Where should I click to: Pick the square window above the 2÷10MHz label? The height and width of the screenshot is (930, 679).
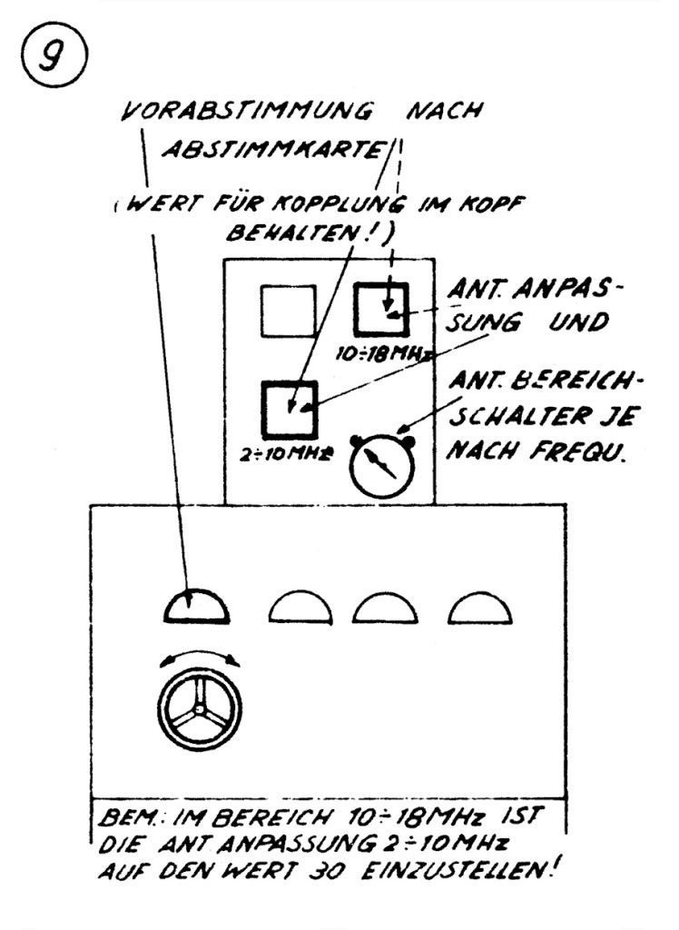click(290, 408)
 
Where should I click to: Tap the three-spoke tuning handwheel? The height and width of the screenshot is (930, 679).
click(195, 711)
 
